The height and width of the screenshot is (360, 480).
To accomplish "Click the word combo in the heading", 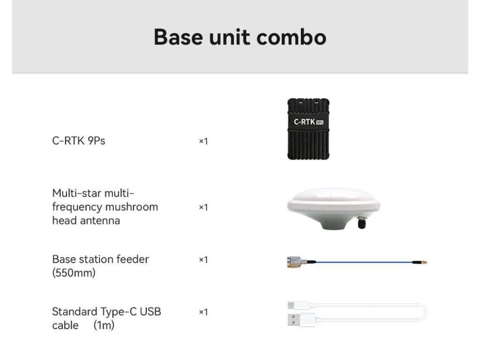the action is [291, 37].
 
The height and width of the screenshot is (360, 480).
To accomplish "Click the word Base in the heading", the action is [178, 37].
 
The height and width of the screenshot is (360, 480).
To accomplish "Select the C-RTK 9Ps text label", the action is [79, 141].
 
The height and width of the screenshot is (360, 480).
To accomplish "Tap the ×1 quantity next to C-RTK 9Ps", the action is [203, 141].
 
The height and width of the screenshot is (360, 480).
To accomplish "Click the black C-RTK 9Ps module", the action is [308, 129].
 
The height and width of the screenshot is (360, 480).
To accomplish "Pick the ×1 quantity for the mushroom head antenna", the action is [203, 207].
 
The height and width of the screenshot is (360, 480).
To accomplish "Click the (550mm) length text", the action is [74, 272].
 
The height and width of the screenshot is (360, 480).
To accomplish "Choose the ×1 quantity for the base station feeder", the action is [203, 260].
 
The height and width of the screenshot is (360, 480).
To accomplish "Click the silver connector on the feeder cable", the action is [294, 262].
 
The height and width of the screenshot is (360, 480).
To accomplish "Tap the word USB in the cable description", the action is [150, 312].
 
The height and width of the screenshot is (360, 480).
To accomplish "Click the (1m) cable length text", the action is [104, 325].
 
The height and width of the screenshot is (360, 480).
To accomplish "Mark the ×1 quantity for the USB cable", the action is [203, 312].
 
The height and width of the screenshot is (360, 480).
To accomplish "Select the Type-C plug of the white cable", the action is [298, 305].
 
